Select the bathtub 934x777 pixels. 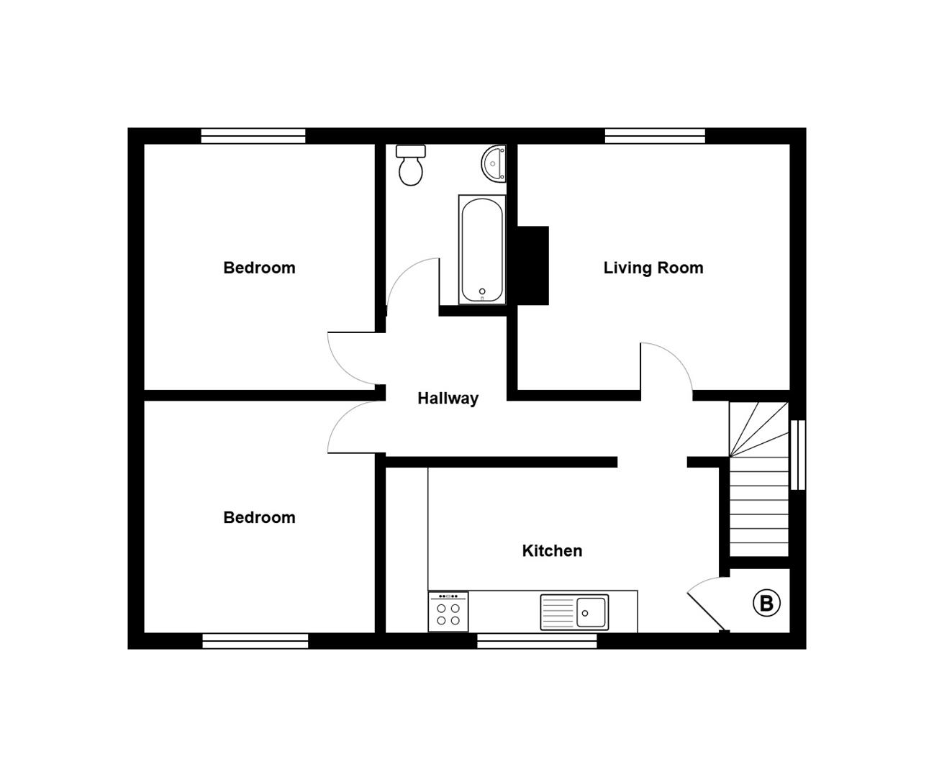(482, 249)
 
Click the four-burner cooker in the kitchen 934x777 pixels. (448, 612)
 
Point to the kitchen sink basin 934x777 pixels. (591, 612)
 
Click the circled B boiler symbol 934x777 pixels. (766, 603)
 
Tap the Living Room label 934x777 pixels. (653, 268)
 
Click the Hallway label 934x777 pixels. (448, 398)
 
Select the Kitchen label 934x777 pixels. (552, 550)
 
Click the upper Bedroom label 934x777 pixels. (259, 268)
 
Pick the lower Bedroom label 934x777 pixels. (259, 517)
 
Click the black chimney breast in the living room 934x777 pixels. (532, 265)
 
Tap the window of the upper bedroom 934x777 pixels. (253, 136)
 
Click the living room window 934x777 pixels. (655, 136)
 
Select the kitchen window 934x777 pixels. (537, 641)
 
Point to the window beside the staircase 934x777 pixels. (797, 455)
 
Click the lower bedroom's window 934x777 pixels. (255, 641)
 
